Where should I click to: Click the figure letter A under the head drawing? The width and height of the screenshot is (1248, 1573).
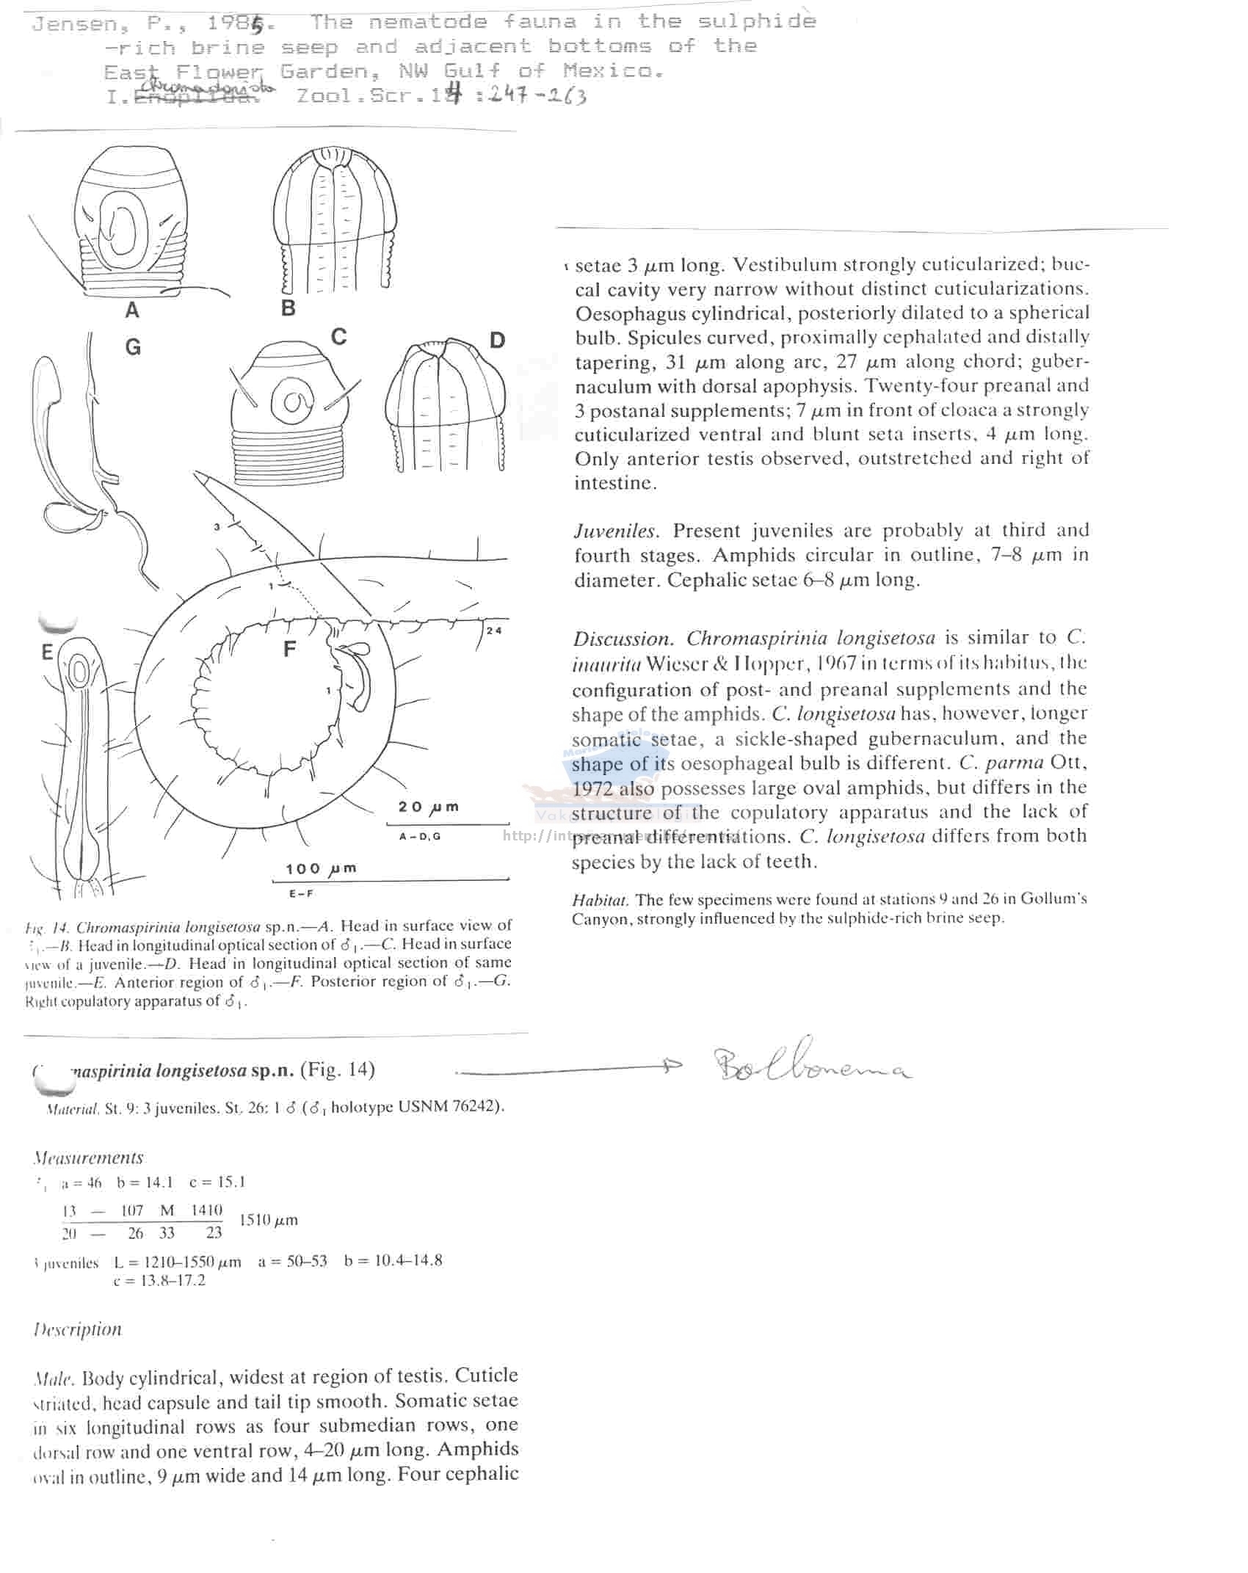coord(132,310)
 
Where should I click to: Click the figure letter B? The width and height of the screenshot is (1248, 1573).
coord(289,308)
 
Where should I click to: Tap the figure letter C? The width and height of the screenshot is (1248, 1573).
coord(338,337)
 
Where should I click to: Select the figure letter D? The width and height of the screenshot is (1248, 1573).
coord(497,341)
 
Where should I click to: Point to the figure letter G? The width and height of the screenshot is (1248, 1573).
coord(133,347)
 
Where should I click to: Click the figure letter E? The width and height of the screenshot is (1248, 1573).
coord(48,652)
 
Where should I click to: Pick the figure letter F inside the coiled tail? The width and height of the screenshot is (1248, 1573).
coord(290,649)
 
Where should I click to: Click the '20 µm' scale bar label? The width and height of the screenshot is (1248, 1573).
coord(428,807)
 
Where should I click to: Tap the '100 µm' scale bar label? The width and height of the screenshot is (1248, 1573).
coord(321,869)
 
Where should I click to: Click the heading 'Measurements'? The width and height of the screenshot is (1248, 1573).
coord(88,1158)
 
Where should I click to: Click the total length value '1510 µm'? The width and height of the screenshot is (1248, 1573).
coord(269,1221)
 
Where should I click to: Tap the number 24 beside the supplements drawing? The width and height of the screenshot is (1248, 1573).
coord(493,631)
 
